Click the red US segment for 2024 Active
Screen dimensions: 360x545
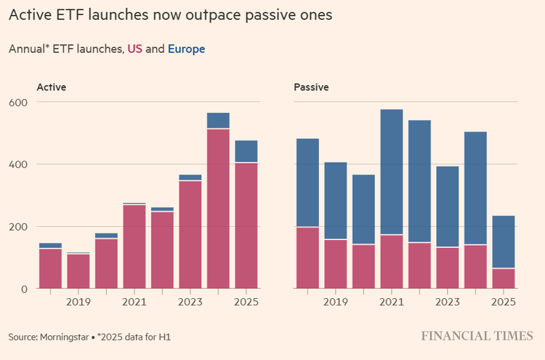(218, 209)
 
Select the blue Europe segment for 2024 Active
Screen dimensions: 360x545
(218, 121)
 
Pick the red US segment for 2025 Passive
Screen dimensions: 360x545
(504, 279)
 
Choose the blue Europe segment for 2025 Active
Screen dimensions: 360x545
(246, 151)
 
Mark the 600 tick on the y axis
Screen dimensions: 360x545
(18, 103)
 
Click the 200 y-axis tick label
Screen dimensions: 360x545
(18, 227)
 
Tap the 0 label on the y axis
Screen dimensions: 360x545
(24, 289)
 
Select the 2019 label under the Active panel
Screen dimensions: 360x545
(78, 301)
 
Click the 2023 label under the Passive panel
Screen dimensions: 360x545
(448, 301)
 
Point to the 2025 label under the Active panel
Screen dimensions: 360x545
(246, 301)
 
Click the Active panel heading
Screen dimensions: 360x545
(52, 87)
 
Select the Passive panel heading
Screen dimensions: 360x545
(311, 87)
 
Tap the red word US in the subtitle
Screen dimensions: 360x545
(135, 49)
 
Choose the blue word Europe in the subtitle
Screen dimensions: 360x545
(186, 49)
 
